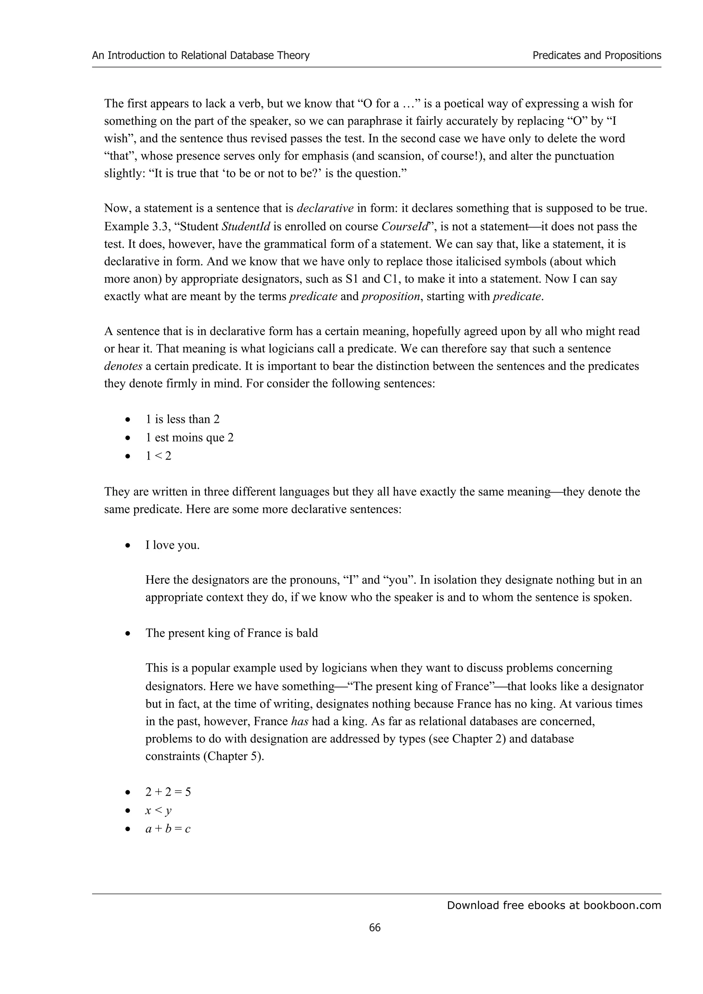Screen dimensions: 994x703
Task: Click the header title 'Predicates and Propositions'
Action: click(597, 56)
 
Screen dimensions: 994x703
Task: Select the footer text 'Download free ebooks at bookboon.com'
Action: click(554, 905)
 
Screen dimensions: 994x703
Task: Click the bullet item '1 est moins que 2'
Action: click(189, 438)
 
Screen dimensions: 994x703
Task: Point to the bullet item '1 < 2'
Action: click(158, 456)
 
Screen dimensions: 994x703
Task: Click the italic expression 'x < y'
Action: click(158, 810)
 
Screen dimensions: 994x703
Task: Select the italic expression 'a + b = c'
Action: click(168, 829)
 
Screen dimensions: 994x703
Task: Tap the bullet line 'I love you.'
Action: click(172, 545)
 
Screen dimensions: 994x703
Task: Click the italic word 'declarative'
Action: click(325, 208)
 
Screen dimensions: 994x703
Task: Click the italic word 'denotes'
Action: click(123, 366)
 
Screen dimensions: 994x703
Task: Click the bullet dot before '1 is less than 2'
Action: click(127, 420)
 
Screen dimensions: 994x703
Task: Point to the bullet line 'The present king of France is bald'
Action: click(232, 634)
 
